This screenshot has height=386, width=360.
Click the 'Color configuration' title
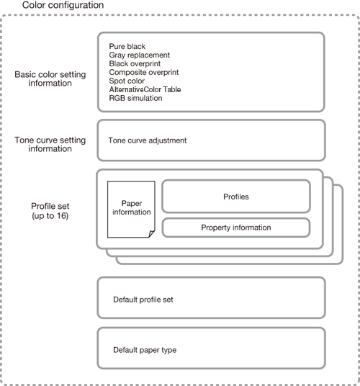click(x=63, y=5)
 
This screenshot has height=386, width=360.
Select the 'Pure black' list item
click(x=127, y=46)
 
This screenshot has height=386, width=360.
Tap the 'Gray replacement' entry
click(x=140, y=55)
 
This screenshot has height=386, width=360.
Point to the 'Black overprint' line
click(x=135, y=63)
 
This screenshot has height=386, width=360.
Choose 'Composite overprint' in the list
click(x=144, y=72)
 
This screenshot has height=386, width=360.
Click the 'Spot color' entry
click(x=127, y=81)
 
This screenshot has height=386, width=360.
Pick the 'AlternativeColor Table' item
click(x=145, y=89)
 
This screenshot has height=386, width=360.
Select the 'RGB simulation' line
click(x=135, y=98)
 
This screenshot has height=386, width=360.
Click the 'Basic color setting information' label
click(x=50, y=78)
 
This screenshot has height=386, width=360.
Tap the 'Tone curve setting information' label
click(x=50, y=144)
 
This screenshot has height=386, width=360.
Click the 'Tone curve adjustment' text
click(x=148, y=140)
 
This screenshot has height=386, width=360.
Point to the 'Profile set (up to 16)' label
click(x=50, y=211)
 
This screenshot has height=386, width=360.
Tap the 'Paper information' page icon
click(x=131, y=210)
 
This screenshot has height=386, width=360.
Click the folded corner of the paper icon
click(x=152, y=234)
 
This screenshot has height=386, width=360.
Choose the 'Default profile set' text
click(x=143, y=300)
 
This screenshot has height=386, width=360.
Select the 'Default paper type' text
click(x=145, y=350)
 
